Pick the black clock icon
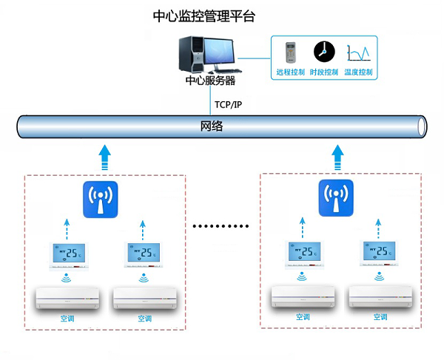tap(323, 51)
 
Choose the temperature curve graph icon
tap(357, 52)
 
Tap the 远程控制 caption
tap(289, 72)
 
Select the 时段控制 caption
tap(323, 72)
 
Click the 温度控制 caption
tap(358, 72)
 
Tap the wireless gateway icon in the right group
tap(337, 197)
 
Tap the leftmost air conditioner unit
tap(68, 297)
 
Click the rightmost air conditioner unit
tap(380, 296)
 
